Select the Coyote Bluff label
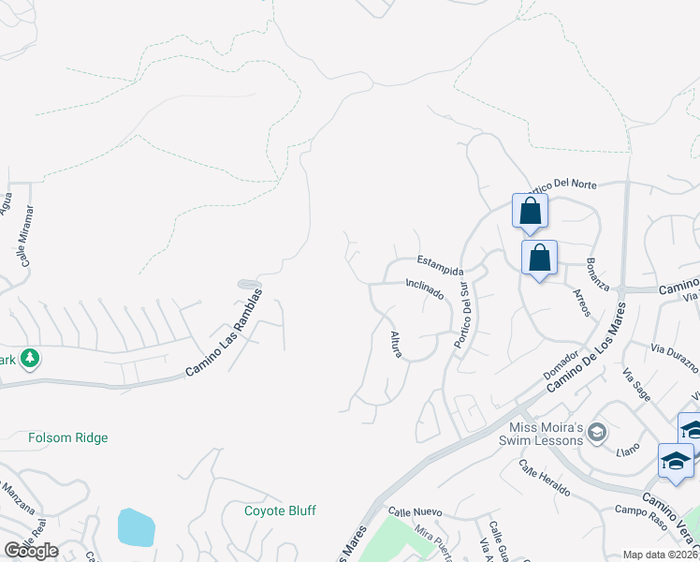tap(280, 510)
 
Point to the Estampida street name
tap(440, 265)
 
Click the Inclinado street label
tap(424, 288)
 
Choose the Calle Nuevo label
tap(414, 512)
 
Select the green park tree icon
tap(30, 358)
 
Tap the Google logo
tap(31, 551)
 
